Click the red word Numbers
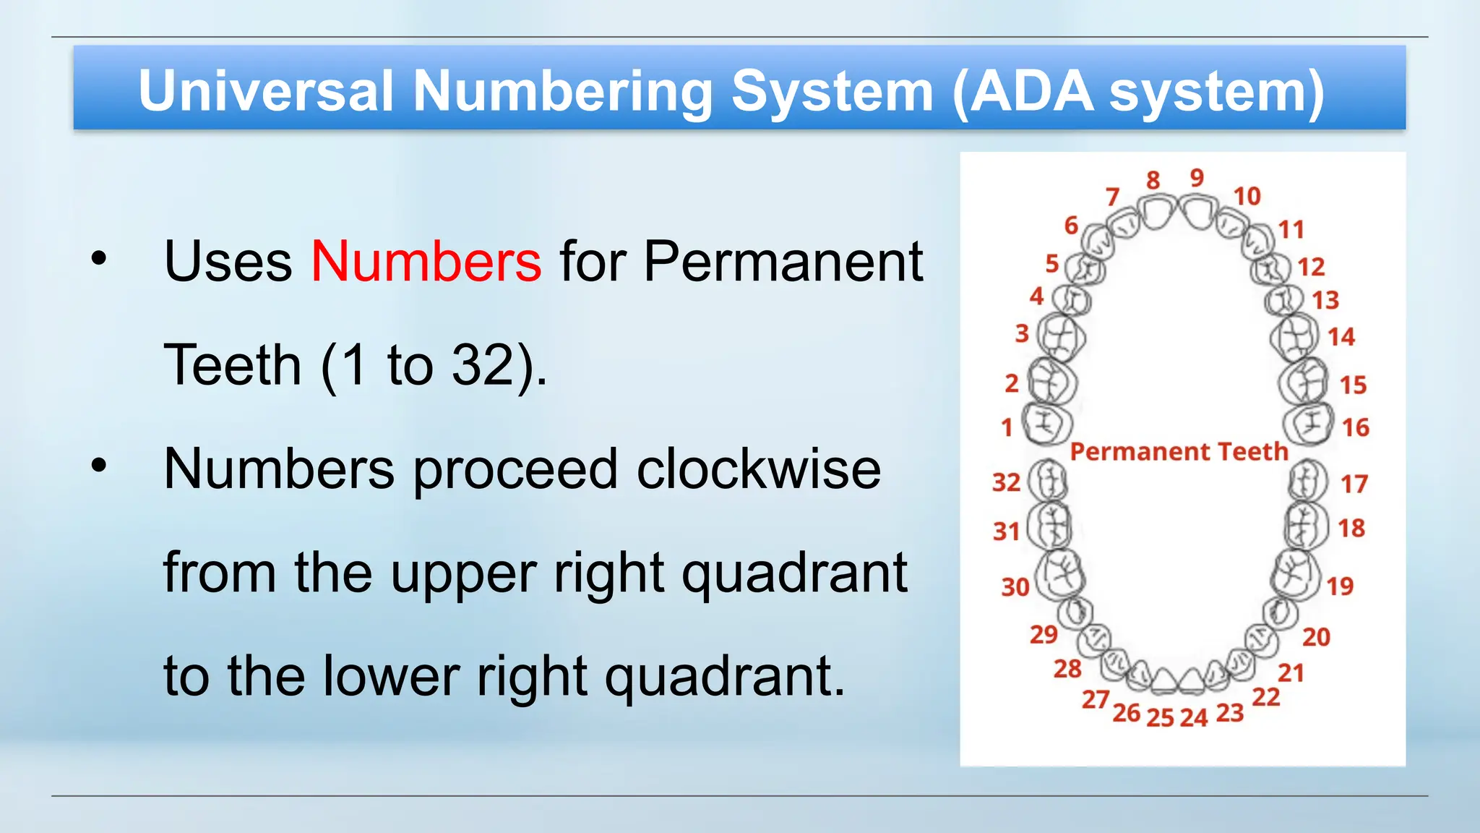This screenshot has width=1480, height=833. [426, 261]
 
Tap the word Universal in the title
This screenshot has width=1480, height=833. [266, 91]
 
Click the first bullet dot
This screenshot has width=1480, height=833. [99, 258]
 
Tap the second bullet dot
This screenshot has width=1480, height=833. [99, 466]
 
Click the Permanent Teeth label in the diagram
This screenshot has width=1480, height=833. [1179, 451]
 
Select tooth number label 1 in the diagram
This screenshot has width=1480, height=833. [1007, 427]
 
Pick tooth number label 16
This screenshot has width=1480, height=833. [1355, 427]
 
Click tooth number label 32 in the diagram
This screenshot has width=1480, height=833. [1006, 482]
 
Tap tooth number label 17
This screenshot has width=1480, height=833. [1354, 484]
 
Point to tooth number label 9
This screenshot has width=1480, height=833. [1197, 177]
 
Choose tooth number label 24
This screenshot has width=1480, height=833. [1194, 717]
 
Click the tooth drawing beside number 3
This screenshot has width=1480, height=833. [1061, 336]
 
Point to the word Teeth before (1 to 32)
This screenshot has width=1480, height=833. [233, 364]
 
